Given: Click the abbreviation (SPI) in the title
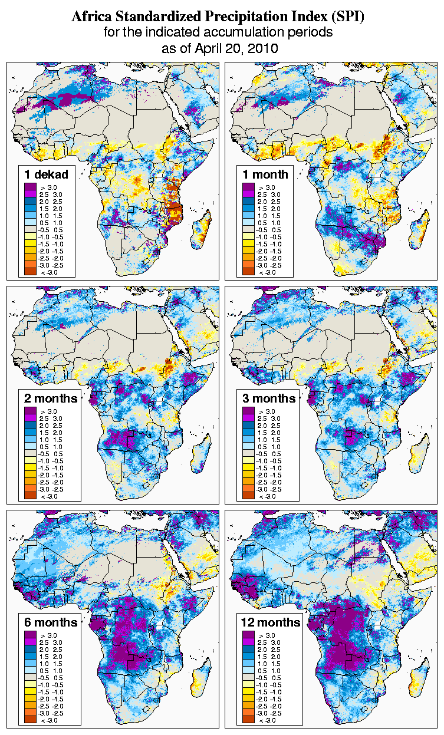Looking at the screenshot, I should (x=347, y=17).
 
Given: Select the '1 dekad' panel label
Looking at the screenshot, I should (x=47, y=174).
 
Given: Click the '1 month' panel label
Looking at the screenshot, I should (x=265, y=174).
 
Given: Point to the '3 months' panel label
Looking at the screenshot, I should (x=269, y=398).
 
